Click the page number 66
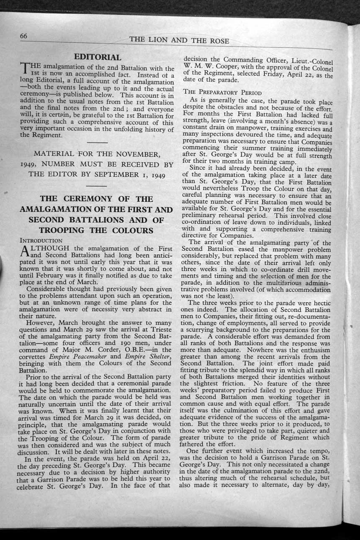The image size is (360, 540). tap(23, 37)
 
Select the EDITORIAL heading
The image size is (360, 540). tap(98, 57)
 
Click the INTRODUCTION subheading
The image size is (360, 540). tap(41, 241)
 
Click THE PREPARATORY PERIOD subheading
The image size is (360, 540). tap(222, 93)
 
